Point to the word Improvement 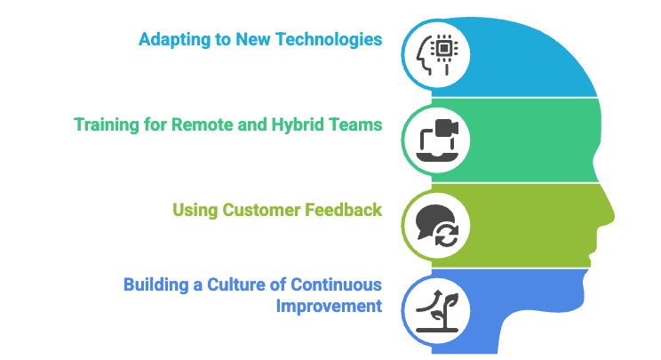click(328, 307)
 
